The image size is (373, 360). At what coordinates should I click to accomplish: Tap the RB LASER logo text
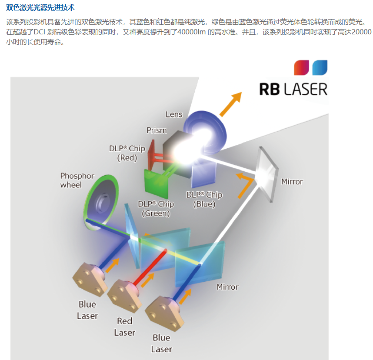293,89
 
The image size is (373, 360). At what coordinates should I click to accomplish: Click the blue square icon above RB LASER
320,67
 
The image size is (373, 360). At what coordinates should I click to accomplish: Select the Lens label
174,114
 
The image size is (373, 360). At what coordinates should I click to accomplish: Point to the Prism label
157,130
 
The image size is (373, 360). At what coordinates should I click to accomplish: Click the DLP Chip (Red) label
127,153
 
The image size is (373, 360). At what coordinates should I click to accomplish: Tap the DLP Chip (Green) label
156,209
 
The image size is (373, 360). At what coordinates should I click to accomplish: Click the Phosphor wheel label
77,180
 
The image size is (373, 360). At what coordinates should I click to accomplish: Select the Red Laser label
124,327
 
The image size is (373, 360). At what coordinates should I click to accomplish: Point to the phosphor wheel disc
100,202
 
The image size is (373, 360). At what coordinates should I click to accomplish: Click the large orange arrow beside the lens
230,104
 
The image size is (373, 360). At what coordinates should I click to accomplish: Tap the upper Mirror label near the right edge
292,181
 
